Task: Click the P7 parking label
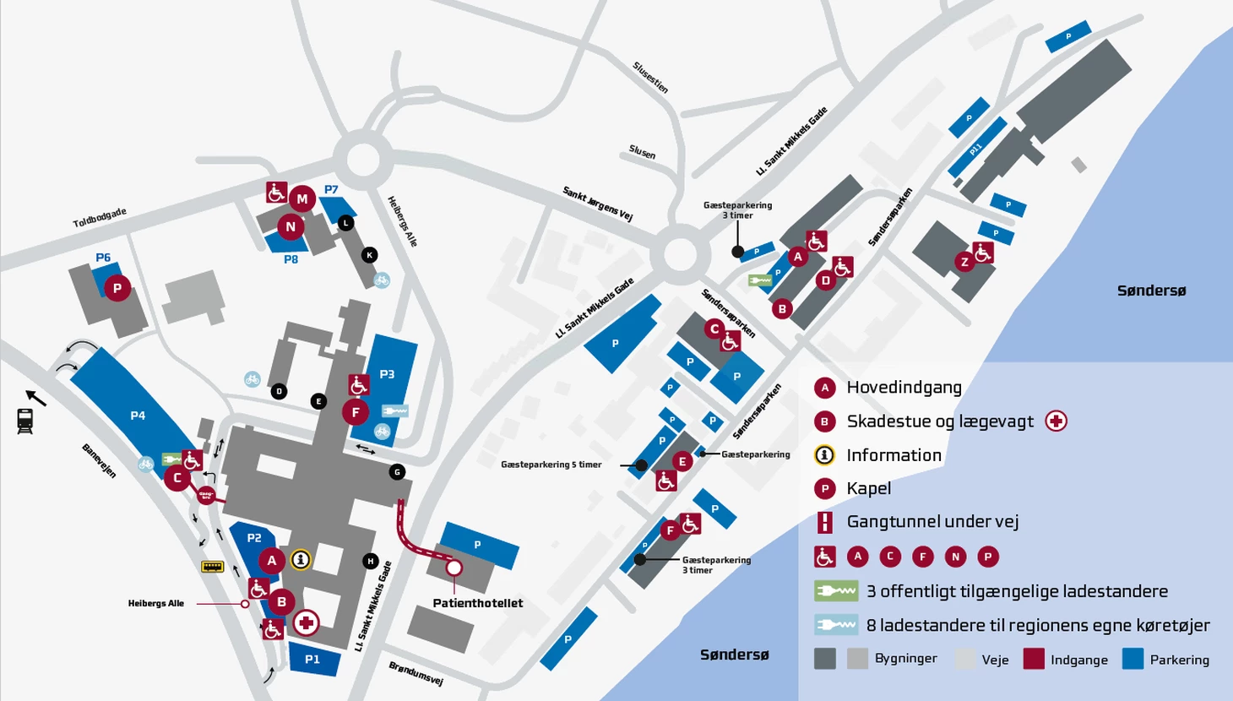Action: (331, 190)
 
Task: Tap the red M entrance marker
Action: (302, 199)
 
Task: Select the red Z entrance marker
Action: (964, 262)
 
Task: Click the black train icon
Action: (25, 421)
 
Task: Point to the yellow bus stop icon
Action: (213, 566)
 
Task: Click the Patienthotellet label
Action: (477, 603)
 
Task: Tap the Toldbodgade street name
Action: (100, 218)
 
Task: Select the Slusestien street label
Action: (650, 78)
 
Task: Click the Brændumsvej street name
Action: (416, 673)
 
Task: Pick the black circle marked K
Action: (369, 255)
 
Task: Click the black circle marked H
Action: (370, 562)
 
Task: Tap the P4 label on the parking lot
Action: (138, 416)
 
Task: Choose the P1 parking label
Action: (312, 660)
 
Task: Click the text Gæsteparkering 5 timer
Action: (551, 465)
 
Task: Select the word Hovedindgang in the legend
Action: (904, 388)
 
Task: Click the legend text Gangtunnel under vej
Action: (932, 522)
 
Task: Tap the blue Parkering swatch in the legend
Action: (1133, 659)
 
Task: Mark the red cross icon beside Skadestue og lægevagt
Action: (1056, 421)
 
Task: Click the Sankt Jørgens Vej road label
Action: (598, 204)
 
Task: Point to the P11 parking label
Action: (975, 149)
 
